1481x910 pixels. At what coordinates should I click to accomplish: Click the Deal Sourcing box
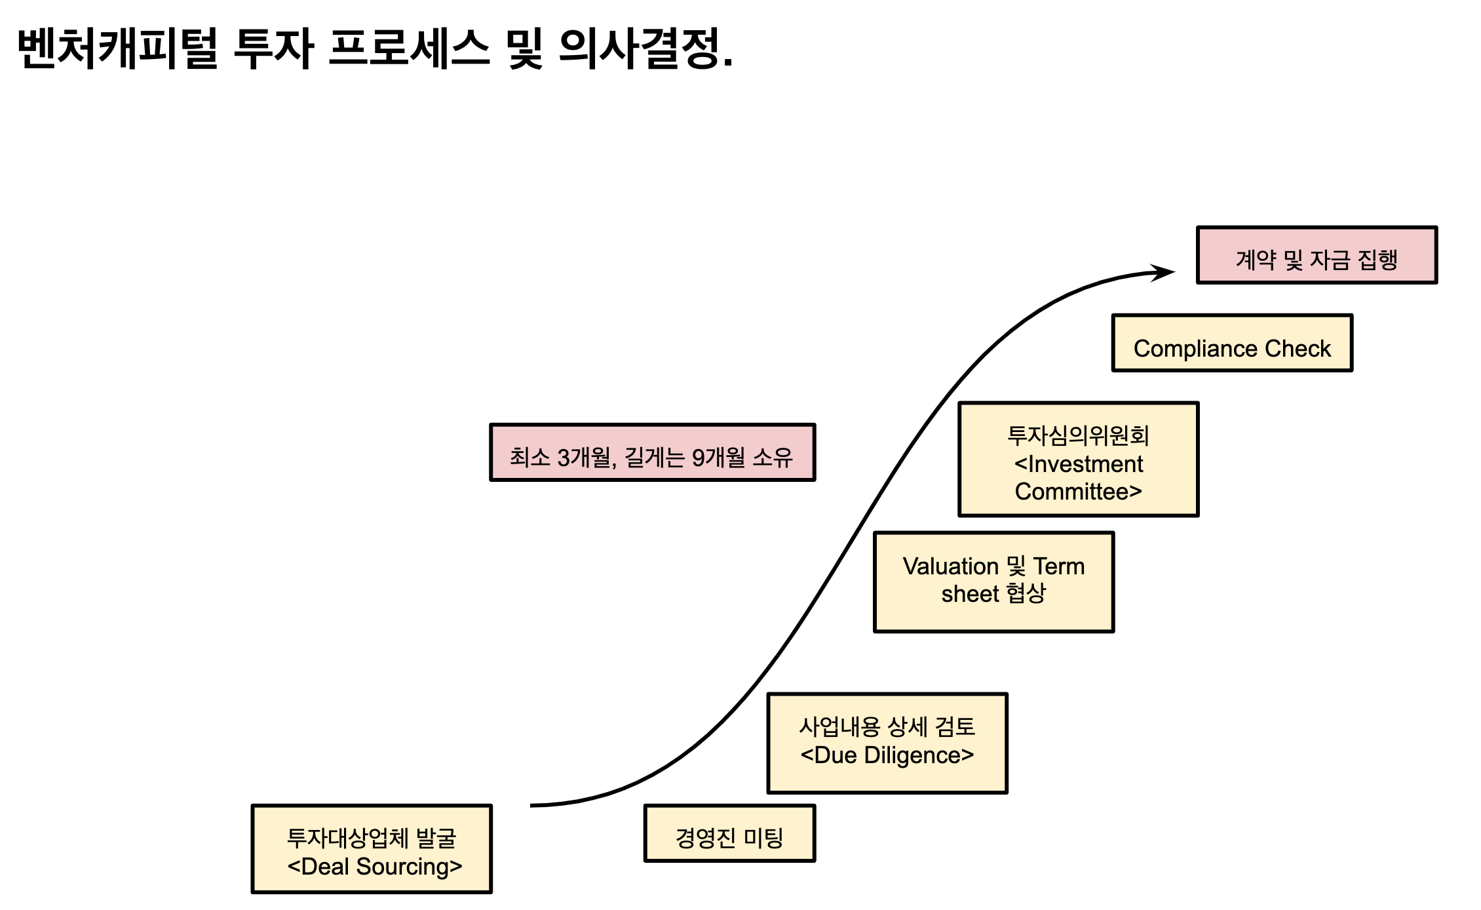372,849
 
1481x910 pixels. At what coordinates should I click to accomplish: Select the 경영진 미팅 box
729,833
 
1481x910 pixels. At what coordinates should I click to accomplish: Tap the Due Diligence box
887,743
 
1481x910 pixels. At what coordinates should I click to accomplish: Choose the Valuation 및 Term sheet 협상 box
993,582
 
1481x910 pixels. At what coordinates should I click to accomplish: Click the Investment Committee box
1078,460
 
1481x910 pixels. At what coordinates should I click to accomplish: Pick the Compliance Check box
1232,343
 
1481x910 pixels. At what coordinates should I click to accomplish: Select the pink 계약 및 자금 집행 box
1317,256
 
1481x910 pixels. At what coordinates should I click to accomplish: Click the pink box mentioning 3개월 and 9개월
652,452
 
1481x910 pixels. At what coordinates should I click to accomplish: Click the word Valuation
950,566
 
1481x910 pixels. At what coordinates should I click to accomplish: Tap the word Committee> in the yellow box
1078,492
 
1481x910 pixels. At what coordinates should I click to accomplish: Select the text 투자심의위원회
1078,436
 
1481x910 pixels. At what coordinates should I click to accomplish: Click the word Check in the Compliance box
1298,349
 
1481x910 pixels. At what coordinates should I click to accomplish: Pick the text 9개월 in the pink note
718,457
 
